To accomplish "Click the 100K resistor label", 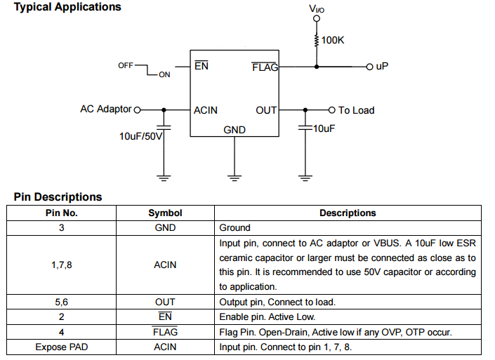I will click(x=334, y=41).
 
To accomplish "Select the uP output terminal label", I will click(x=382, y=66).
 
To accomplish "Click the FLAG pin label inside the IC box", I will click(x=265, y=67).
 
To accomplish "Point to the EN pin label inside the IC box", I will click(x=202, y=67).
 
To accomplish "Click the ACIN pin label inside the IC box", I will click(x=206, y=110).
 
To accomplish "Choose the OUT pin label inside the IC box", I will click(x=266, y=110).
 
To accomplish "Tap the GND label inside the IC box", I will click(x=235, y=130).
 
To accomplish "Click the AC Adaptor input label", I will click(x=106, y=109).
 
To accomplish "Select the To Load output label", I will click(x=356, y=110).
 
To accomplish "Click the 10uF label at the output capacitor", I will click(x=324, y=129).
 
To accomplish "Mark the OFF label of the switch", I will click(x=126, y=65).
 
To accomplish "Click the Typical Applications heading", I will click(x=67, y=7).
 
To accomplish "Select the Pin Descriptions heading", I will click(x=58, y=197).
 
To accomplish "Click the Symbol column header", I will click(x=165, y=213).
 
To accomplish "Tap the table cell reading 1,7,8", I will click(x=62, y=265).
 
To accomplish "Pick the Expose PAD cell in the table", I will click(x=62, y=347).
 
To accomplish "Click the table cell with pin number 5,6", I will click(x=62, y=302).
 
